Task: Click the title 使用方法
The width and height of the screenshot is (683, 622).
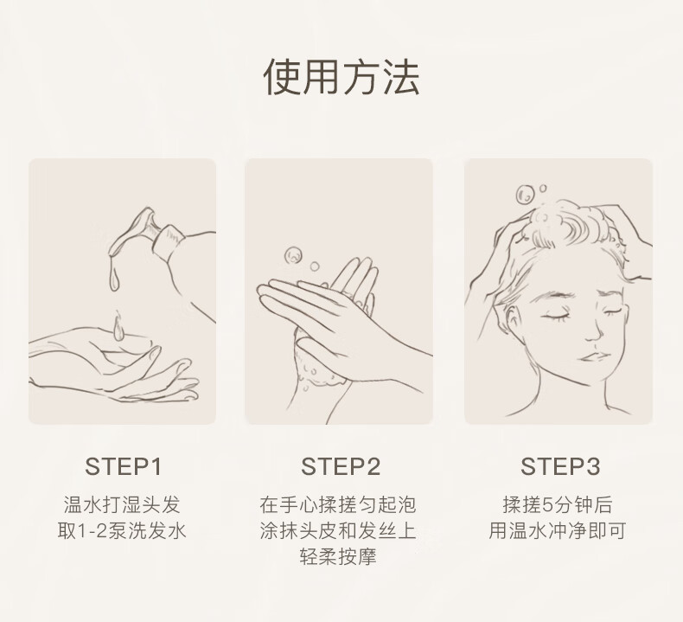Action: (341, 77)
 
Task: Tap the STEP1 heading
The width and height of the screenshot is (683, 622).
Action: (124, 466)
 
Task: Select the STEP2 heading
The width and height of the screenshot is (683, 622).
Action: (341, 466)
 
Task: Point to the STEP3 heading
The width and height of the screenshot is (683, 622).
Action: (560, 466)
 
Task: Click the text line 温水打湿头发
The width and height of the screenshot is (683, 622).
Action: (122, 504)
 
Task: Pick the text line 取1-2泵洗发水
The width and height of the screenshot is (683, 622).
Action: (122, 531)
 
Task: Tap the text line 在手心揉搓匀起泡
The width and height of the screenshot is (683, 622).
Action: (338, 504)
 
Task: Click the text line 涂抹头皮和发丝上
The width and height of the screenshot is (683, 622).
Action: (338, 531)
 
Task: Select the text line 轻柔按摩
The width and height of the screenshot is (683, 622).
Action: (338, 556)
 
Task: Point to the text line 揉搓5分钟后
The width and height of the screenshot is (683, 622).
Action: (558, 504)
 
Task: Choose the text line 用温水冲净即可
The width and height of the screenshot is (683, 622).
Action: (558, 531)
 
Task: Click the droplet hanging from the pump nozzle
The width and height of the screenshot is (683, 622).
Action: (113, 279)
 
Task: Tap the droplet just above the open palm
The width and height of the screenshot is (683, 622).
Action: (118, 327)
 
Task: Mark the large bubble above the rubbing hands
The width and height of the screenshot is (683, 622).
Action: (294, 255)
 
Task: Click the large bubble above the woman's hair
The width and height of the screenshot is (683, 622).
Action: (525, 195)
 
